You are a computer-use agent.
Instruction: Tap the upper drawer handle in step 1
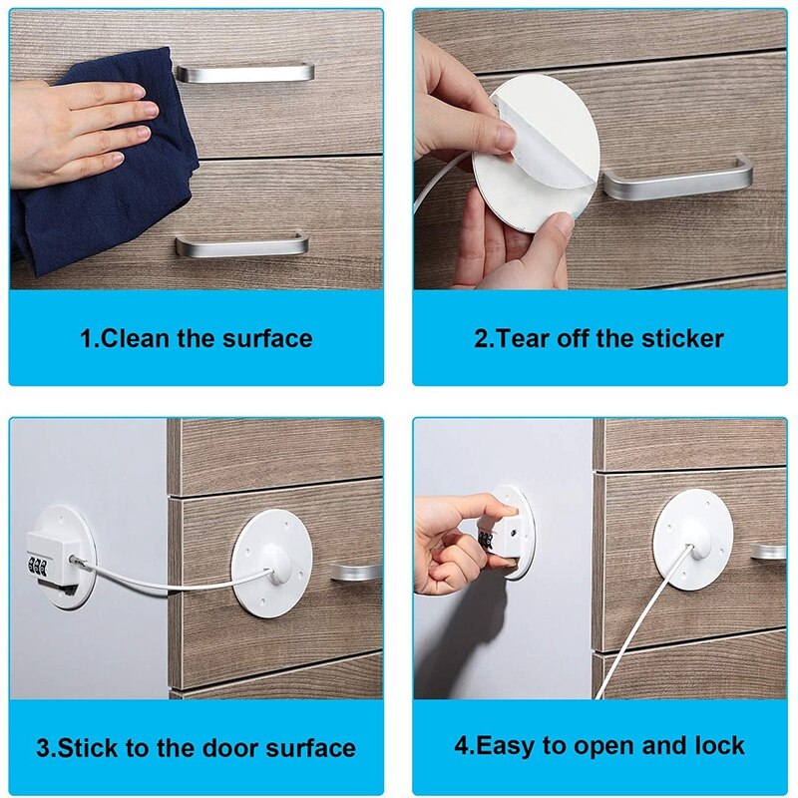(x=244, y=72)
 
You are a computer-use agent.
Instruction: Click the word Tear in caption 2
(x=520, y=338)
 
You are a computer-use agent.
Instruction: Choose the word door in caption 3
(x=210, y=747)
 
